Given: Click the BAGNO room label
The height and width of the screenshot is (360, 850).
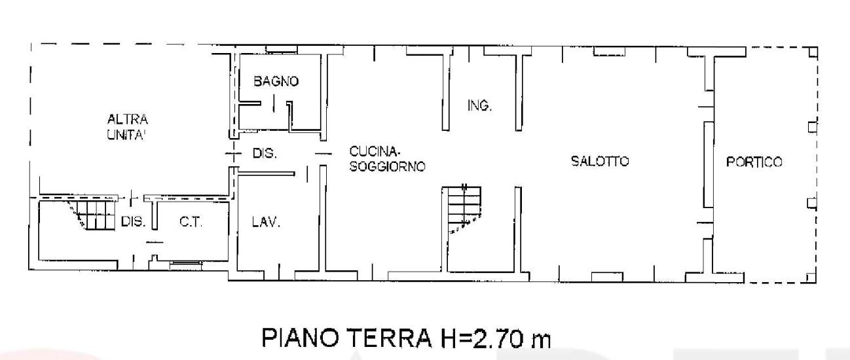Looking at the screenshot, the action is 276,81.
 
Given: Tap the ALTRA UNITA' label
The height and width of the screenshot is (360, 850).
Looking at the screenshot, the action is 127,127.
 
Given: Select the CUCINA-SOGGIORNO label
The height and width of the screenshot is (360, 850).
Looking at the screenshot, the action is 387,159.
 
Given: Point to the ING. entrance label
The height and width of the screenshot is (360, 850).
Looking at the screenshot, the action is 479,105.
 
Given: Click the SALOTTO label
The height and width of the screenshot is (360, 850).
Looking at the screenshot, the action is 600,161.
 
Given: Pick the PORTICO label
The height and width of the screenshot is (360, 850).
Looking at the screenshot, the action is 754,162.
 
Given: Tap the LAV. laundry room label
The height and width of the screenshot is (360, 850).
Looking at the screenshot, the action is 266,221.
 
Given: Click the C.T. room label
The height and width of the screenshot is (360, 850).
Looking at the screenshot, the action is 191,221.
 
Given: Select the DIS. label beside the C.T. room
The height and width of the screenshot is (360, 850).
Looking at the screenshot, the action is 133,221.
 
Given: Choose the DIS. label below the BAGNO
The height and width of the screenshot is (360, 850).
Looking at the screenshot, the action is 265,153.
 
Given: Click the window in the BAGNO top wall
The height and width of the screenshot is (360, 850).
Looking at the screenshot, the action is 281,49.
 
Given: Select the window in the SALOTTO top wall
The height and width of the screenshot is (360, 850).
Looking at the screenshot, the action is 609,51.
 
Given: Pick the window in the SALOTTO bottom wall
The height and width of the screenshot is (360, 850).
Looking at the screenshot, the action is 607,278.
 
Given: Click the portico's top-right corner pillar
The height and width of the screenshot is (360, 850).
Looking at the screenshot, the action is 813,52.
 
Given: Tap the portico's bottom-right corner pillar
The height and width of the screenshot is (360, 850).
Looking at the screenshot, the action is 811,278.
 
